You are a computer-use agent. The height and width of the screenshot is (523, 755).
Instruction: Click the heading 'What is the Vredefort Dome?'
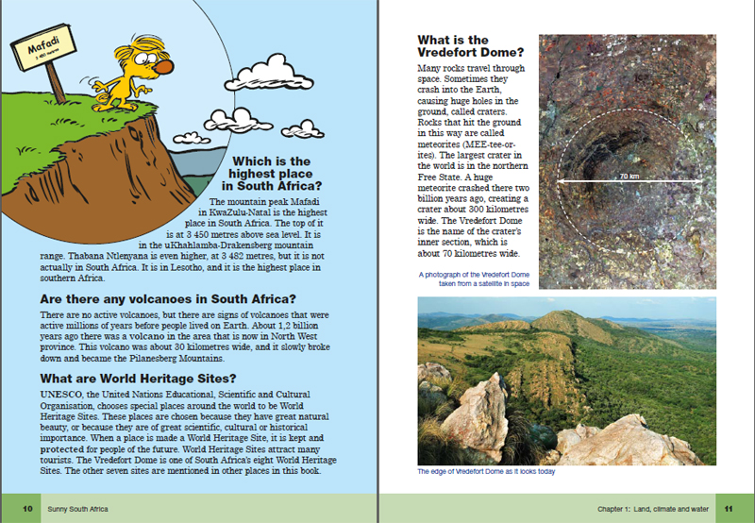[x=466, y=47]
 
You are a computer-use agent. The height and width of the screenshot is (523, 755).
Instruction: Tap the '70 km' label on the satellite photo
[x=629, y=177]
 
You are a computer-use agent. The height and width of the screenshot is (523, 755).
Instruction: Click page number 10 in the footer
[x=28, y=509]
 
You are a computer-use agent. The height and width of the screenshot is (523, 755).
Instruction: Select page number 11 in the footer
[x=728, y=509]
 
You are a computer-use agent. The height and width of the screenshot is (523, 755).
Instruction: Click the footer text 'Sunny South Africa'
[x=78, y=509]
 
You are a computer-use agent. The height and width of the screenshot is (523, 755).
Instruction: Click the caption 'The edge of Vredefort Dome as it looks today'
[x=486, y=473]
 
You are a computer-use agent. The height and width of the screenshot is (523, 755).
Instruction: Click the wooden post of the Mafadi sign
[x=55, y=84]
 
